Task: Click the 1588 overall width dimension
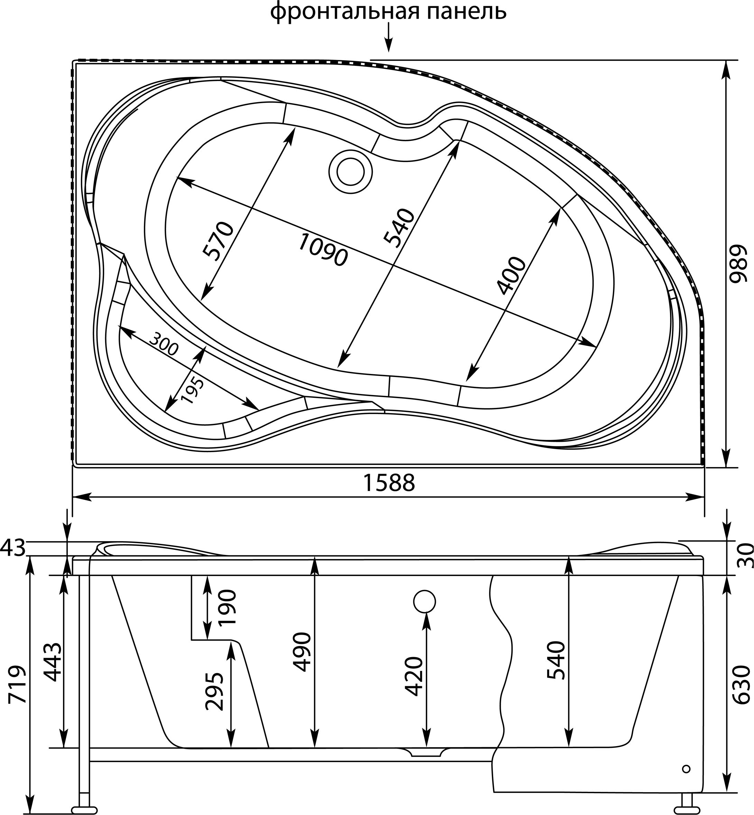coord(389,483)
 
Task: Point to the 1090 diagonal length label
coord(323,250)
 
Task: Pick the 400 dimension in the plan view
coord(512,276)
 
